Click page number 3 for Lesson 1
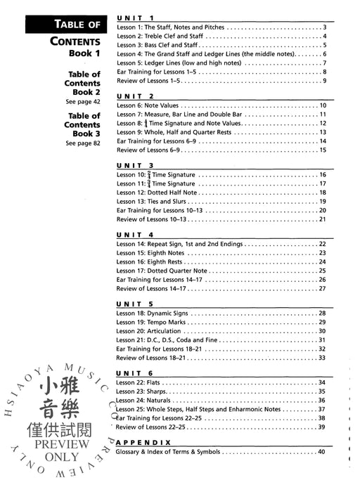coord(323,27)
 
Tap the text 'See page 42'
coord(82,102)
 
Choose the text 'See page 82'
coord(82,143)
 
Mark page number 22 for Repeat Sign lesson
coord(321,244)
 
